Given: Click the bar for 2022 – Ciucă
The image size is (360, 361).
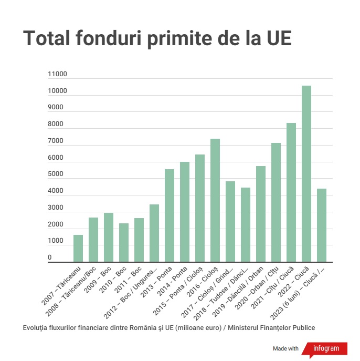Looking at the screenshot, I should [306, 173].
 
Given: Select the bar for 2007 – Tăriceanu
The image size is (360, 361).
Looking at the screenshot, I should [78, 248].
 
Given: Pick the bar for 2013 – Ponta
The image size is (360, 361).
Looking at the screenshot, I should [170, 215].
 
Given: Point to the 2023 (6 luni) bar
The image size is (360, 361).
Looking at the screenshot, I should [322, 225].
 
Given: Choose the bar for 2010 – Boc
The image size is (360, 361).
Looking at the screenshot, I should [124, 242].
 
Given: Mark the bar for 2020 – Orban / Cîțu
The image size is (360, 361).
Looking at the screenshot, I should [276, 202].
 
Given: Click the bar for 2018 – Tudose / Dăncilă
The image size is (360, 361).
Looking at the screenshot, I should [246, 224].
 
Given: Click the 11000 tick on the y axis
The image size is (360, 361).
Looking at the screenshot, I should [57, 74].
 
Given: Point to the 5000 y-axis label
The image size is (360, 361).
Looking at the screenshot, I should [56, 174].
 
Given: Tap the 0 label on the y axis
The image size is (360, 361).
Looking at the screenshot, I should [50, 257].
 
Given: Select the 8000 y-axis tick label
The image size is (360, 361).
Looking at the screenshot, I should [56, 125].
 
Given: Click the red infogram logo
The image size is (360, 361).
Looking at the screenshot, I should [329, 348].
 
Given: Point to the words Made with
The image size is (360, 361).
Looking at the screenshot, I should [286, 348].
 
